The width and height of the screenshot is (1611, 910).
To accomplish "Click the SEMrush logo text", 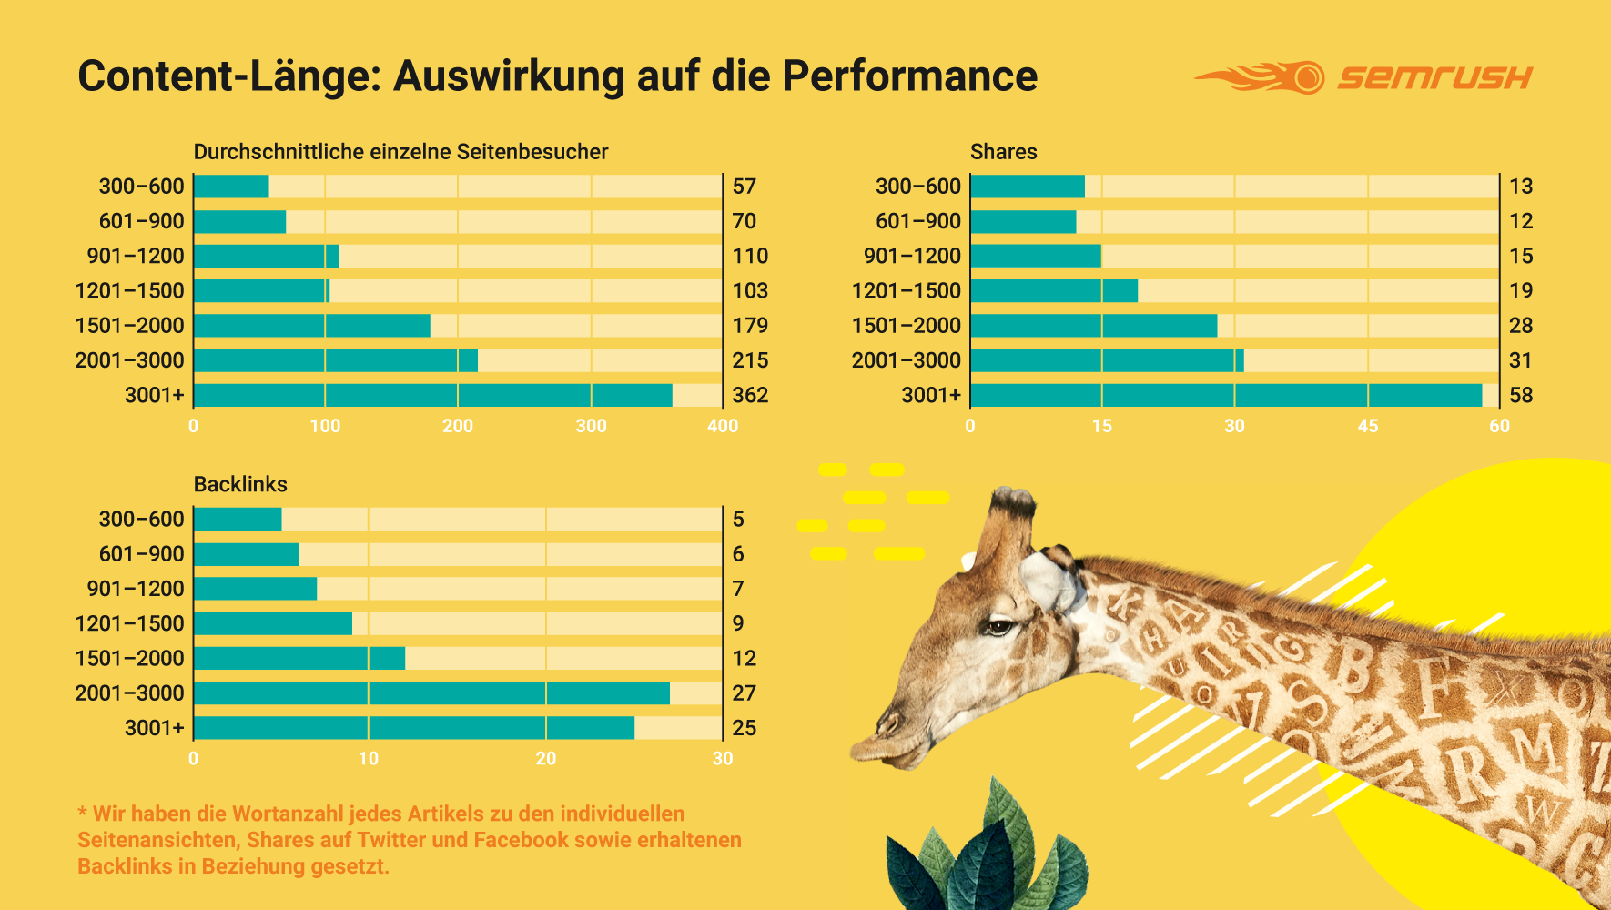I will click(x=1434, y=77).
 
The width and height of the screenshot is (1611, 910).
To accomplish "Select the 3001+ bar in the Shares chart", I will click(x=1225, y=395).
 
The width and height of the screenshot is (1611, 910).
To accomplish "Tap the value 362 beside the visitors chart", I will click(x=750, y=395).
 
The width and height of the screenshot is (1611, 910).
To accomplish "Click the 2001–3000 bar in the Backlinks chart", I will click(x=431, y=693).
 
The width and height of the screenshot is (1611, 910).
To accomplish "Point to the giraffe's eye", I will click(x=999, y=627).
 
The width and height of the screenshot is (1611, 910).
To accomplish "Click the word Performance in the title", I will click(x=909, y=76).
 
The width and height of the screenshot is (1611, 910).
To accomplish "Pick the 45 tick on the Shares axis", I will click(x=1367, y=426).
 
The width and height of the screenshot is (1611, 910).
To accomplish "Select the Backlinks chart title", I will click(x=240, y=484).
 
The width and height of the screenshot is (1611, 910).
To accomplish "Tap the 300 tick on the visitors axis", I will click(x=591, y=426).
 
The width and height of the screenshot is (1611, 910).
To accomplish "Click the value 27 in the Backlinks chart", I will click(x=744, y=693).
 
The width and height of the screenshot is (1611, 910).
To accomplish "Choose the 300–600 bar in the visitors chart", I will click(x=231, y=187).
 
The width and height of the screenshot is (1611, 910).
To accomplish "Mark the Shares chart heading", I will click(x=1003, y=152).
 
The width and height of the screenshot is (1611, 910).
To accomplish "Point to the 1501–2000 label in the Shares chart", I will click(x=906, y=326).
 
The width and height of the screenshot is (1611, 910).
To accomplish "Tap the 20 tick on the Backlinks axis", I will click(x=545, y=759).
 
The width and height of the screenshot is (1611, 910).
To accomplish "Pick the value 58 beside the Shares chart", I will click(x=1520, y=395).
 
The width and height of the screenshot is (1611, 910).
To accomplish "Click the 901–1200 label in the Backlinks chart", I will click(x=136, y=589).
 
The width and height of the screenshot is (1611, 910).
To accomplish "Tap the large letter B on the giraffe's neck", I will click(x=1354, y=666).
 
